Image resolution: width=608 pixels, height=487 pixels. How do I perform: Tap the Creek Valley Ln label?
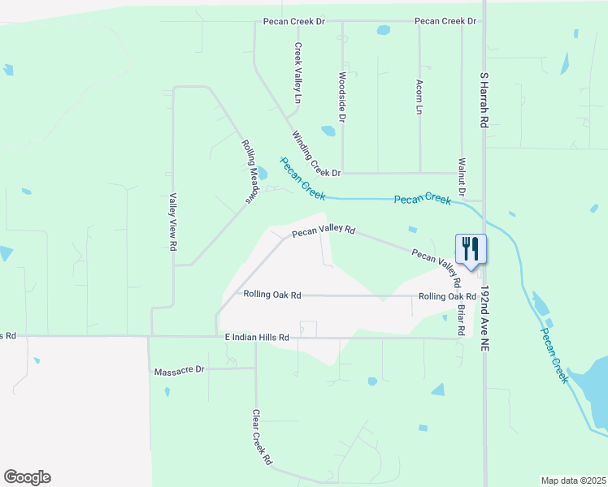tap(298, 67)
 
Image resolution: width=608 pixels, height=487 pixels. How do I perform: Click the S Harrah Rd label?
tap(484, 99)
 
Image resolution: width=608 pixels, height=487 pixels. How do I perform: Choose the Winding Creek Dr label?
tap(315, 154)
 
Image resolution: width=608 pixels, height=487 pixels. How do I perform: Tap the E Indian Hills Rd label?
tap(257, 337)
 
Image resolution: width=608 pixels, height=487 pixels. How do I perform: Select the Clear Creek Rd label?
tap(261, 437)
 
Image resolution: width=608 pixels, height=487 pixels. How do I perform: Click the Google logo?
tap(27, 477)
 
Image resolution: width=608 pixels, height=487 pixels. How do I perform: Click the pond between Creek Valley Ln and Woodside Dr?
tap(328, 130)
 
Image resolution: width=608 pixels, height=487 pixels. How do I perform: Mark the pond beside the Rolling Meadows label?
tap(263, 174)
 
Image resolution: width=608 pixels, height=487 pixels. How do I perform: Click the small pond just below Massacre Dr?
tap(167, 391)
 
